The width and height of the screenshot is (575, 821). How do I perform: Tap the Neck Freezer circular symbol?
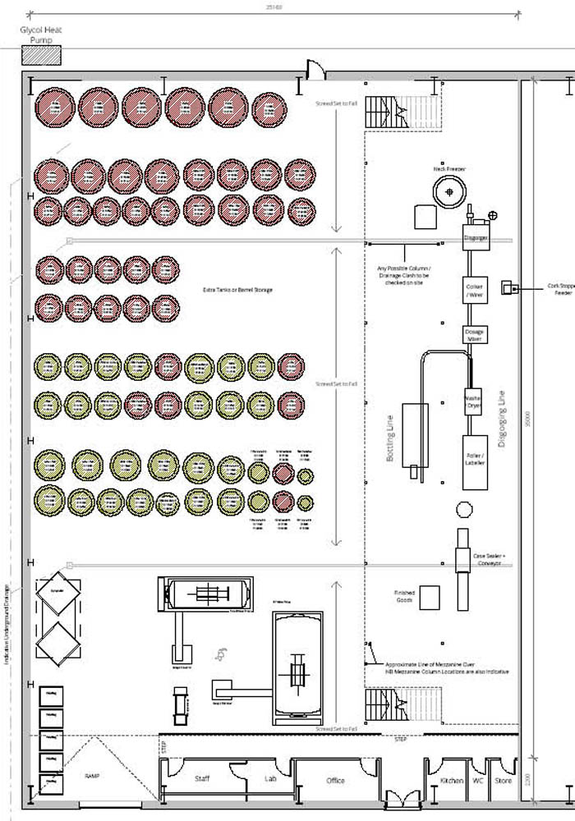click(448, 192)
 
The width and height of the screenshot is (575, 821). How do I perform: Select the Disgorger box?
click(476, 237)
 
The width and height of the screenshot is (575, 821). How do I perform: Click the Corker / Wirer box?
click(476, 291)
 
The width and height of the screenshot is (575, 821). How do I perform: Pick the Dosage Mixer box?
click(476, 335)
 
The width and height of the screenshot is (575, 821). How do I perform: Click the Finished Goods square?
click(430, 597)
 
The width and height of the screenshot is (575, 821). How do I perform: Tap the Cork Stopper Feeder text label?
click(560, 289)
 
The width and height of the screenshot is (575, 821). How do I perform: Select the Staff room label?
click(202, 778)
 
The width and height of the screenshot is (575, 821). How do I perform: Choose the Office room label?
click(335, 780)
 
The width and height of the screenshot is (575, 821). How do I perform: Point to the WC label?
click(477, 780)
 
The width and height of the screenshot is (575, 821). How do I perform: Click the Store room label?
click(503, 780)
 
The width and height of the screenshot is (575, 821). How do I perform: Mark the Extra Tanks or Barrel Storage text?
click(237, 290)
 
